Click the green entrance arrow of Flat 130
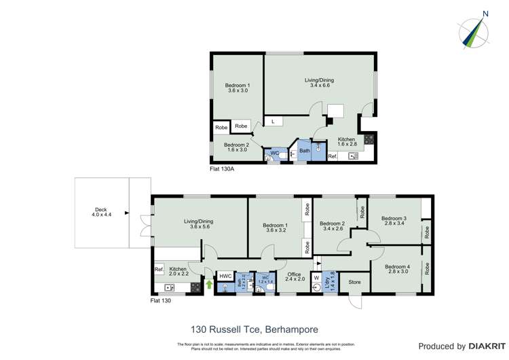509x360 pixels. coord(209,285)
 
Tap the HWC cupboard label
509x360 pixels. coord(225,276)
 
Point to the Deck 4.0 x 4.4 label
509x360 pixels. coord(101,212)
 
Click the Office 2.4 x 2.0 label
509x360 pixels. coord(293,277)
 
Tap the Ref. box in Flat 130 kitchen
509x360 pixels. coord(159,270)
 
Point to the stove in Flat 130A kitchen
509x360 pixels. coord(369,139)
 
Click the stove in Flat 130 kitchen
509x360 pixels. coord(195,286)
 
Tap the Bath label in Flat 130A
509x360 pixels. coord(305,151)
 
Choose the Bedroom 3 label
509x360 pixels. coord(394,220)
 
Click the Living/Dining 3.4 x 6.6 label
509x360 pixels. coord(319,83)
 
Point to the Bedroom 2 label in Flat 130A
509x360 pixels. coord(237,147)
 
